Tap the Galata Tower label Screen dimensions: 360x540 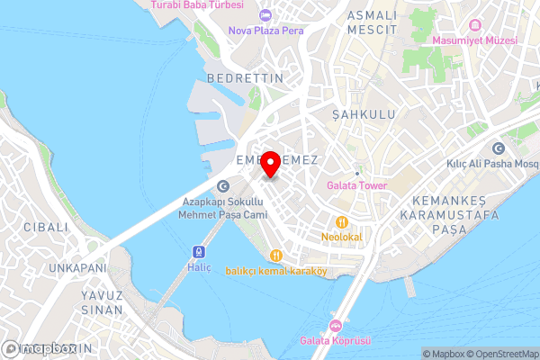[356, 186]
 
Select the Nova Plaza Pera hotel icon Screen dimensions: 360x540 [265, 14]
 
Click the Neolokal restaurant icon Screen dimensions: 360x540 [341, 221]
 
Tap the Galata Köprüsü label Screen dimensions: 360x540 [336, 341]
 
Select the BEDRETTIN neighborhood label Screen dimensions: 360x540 [245, 78]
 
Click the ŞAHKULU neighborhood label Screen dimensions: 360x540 [364, 115]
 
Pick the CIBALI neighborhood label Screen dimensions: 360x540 [46, 227]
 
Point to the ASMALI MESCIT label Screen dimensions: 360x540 [372, 22]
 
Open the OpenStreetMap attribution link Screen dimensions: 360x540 [499, 354]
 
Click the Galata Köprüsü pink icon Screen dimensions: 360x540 [336, 326]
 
